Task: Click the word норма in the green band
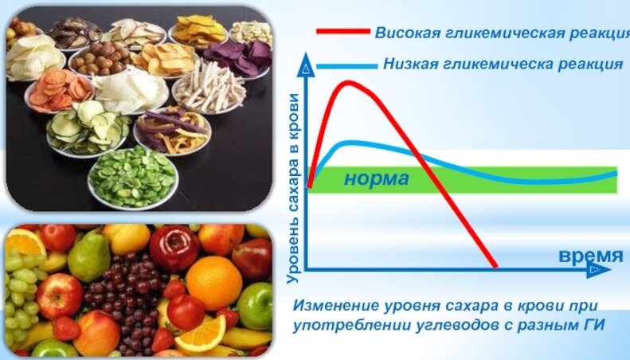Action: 377,178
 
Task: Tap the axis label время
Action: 591,256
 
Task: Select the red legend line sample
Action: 343,31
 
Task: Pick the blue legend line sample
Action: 346,66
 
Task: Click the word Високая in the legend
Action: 404,33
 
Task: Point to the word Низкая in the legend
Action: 410,64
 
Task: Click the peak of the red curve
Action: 348,83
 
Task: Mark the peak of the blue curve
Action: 350,143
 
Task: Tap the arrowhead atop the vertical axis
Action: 306,65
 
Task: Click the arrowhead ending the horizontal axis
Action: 599,270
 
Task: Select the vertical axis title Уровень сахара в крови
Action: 294,189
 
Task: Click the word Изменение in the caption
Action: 336,305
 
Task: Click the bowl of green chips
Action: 133,178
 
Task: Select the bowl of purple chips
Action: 239,59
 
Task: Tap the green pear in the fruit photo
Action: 88,256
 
